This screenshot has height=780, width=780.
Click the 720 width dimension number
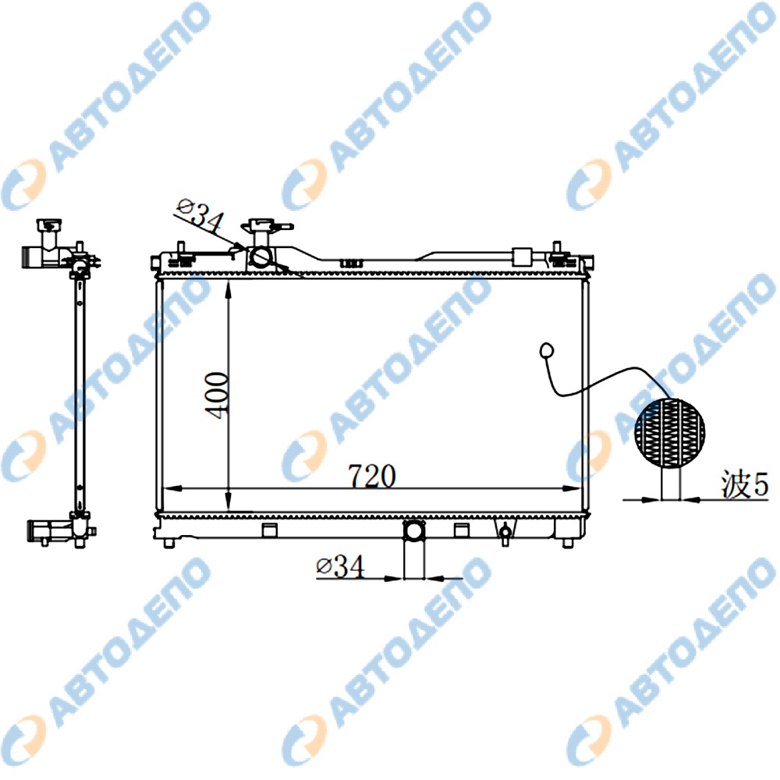point(372,476)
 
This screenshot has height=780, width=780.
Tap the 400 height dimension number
point(217,395)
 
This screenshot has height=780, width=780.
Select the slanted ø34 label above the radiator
point(200,216)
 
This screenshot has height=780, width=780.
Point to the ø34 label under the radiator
point(340,566)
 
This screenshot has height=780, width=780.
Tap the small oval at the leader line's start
point(546,349)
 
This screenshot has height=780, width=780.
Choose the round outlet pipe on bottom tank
point(414,530)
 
